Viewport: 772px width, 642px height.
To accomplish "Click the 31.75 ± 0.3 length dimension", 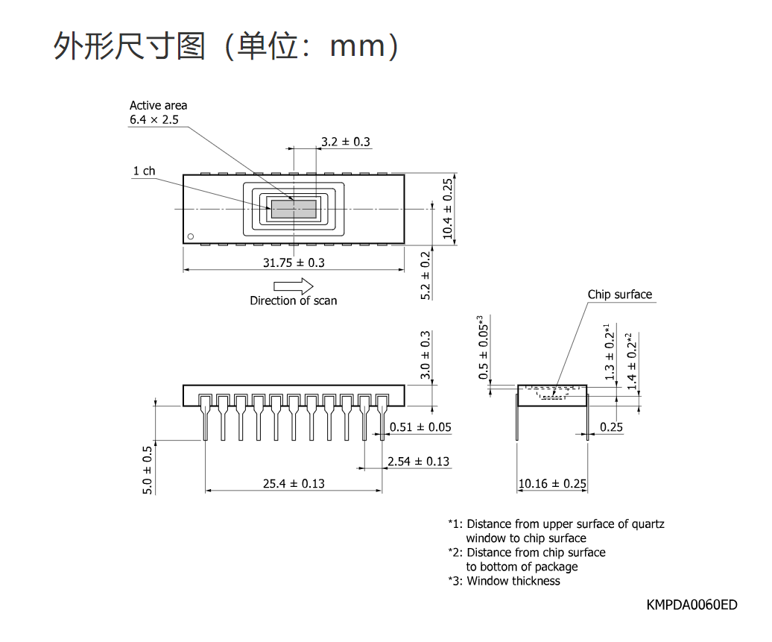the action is (x=294, y=262).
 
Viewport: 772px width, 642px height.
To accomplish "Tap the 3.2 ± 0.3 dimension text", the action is (x=346, y=142).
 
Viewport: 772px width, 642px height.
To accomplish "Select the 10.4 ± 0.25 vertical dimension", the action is (x=447, y=209).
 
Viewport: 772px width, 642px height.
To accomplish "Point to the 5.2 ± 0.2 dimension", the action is (x=425, y=275).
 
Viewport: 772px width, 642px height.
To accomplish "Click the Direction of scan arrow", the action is (x=294, y=286).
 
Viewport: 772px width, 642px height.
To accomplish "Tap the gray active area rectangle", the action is (x=294, y=209).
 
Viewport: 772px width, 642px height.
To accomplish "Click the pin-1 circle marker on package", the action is (x=191, y=236).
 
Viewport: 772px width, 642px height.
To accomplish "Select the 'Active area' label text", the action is (x=159, y=105).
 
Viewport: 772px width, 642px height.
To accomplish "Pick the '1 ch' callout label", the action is (x=144, y=171).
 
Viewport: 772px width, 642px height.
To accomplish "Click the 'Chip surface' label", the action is (x=620, y=295).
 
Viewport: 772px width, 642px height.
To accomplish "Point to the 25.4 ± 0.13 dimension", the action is (x=294, y=484).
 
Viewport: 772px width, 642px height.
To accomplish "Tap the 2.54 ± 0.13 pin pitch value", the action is (x=419, y=462).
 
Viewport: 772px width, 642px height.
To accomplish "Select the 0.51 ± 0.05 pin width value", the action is (x=420, y=427).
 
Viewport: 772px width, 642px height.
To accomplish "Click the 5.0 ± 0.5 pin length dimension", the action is (x=148, y=470).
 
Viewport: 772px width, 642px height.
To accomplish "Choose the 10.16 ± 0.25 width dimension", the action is (x=552, y=484).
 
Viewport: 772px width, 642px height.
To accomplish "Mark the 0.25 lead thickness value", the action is (x=611, y=427).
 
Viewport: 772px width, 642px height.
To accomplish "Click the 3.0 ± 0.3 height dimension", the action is (x=425, y=355).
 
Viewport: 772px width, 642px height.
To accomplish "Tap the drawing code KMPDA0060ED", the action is (x=692, y=605).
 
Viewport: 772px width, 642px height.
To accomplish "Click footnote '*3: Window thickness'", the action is (x=504, y=582).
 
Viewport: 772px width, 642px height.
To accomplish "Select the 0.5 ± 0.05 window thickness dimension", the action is (x=484, y=347).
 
